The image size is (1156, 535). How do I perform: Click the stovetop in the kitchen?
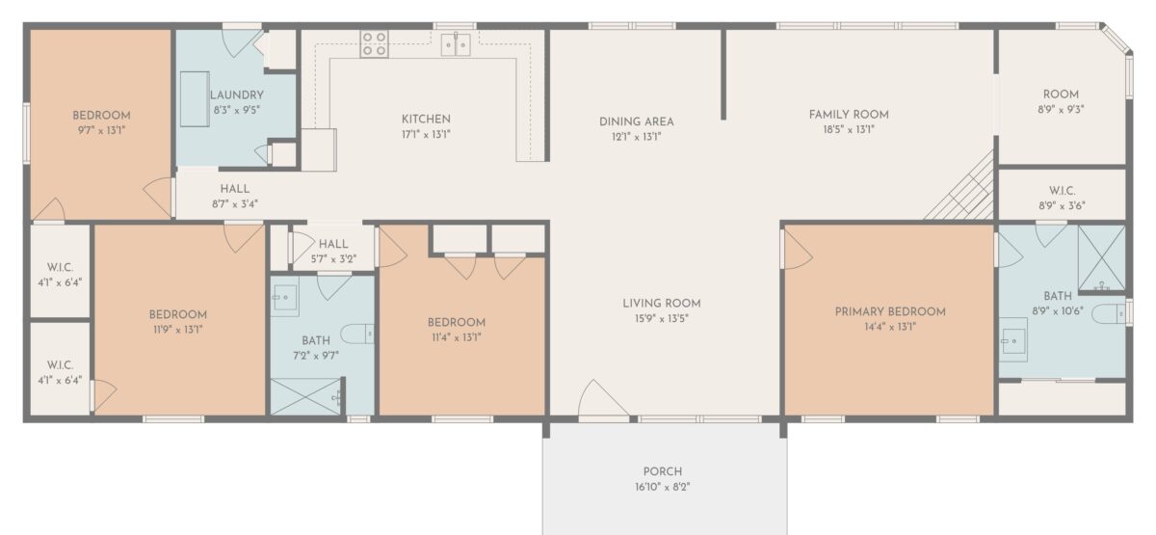374,43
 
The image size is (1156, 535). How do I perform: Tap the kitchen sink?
456,44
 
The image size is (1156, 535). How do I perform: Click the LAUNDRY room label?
237,95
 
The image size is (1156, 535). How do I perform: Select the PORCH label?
663,471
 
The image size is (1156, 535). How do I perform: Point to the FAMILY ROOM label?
849,115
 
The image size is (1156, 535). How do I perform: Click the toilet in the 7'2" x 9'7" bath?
357,334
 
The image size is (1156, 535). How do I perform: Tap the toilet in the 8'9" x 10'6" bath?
1109,314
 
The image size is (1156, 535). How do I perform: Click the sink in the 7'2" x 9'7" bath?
285,298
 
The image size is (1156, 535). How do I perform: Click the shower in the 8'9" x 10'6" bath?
1102,258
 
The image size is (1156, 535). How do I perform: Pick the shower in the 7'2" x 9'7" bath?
306,396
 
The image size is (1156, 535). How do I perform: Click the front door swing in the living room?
603,397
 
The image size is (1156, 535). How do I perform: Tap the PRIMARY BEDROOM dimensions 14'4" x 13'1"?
890,327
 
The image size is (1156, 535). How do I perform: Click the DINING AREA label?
637,121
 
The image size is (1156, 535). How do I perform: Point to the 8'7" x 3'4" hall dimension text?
235,204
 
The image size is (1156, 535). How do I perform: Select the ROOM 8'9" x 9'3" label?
1061,102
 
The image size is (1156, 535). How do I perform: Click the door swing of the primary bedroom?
798,250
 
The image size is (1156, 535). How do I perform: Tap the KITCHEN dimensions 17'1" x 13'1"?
426,135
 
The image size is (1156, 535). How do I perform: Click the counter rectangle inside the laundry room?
195,98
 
